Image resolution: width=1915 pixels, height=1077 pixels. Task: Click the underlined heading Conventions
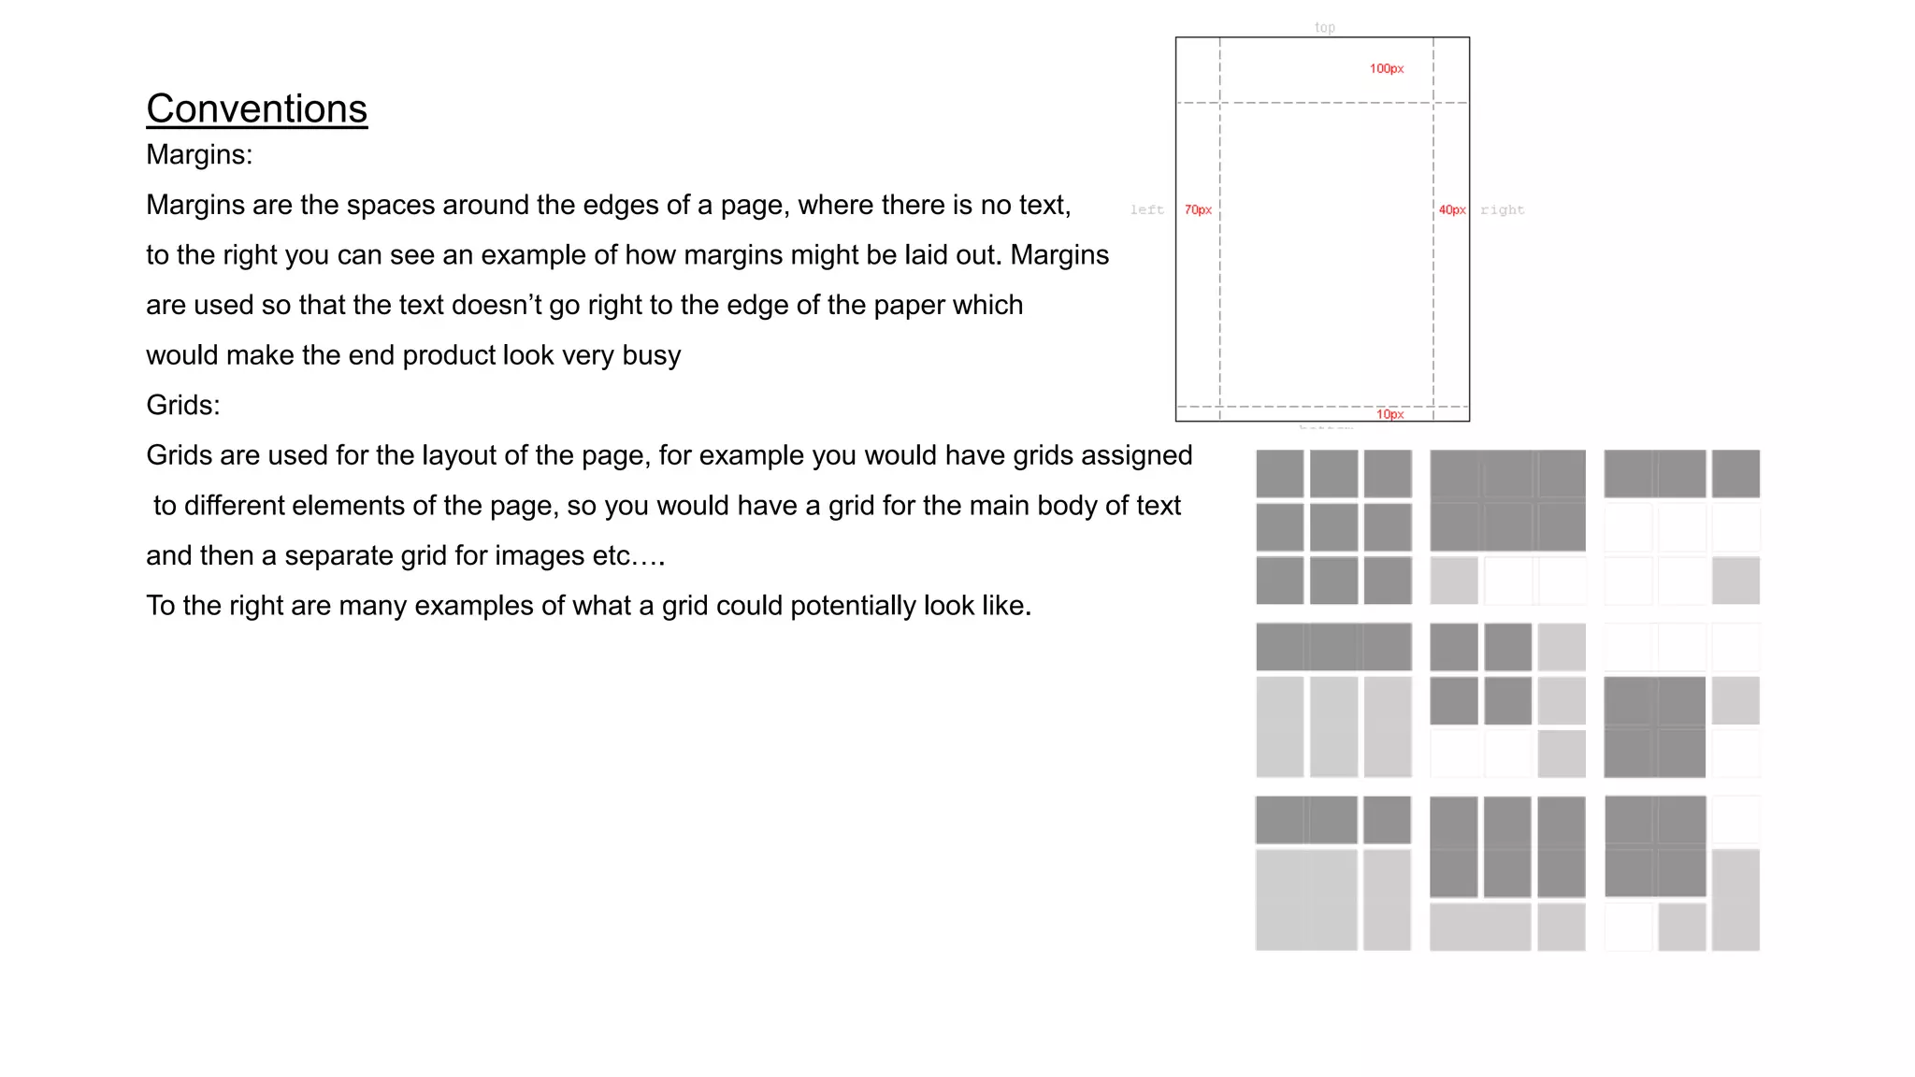(x=256, y=109)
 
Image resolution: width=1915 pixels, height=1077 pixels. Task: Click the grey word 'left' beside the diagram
(x=1146, y=210)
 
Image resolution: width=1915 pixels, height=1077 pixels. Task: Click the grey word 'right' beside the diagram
(x=1502, y=210)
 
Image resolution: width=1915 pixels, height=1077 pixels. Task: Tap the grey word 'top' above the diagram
(x=1325, y=28)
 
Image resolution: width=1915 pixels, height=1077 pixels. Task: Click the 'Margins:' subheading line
(x=199, y=155)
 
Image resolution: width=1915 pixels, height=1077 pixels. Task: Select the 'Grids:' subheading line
(x=183, y=406)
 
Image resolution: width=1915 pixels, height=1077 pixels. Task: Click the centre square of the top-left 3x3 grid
(x=1333, y=527)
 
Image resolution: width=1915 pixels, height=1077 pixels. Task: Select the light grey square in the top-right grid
(x=1735, y=581)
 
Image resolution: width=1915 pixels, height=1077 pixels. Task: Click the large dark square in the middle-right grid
(x=1654, y=727)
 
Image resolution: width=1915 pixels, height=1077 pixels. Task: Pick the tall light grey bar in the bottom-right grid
(x=1735, y=899)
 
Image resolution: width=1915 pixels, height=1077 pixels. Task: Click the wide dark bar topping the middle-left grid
(x=1333, y=647)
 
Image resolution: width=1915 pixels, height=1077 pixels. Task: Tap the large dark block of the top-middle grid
(x=1507, y=500)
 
